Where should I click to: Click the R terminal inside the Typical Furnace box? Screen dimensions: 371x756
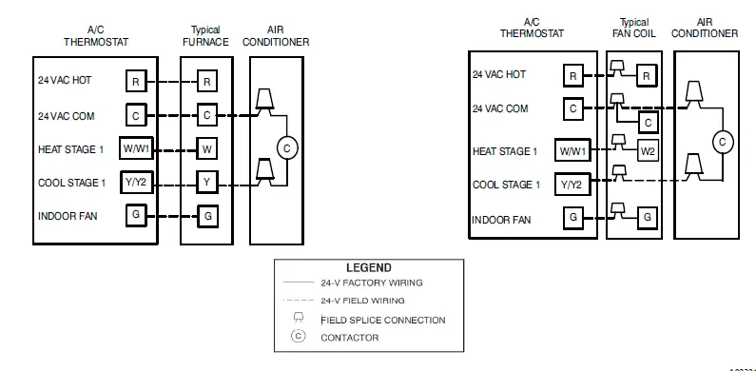(206, 82)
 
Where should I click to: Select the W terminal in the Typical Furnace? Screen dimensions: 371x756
(206, 148)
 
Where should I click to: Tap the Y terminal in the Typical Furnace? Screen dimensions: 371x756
(206, 181)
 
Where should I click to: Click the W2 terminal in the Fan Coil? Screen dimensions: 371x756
(648, 150)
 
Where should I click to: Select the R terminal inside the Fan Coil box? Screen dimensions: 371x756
(646, 76)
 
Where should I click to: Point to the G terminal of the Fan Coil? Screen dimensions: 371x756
(648, 218)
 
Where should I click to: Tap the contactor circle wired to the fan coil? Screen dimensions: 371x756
(722, 142)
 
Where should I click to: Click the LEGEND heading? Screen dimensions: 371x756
(369, 268)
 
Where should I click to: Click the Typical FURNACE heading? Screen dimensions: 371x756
(206, 36)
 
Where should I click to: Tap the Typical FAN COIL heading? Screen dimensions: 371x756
(635, 28)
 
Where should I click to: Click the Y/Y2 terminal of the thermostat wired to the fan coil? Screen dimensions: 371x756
(572, 184)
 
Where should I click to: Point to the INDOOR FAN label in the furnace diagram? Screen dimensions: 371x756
(66, 216)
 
